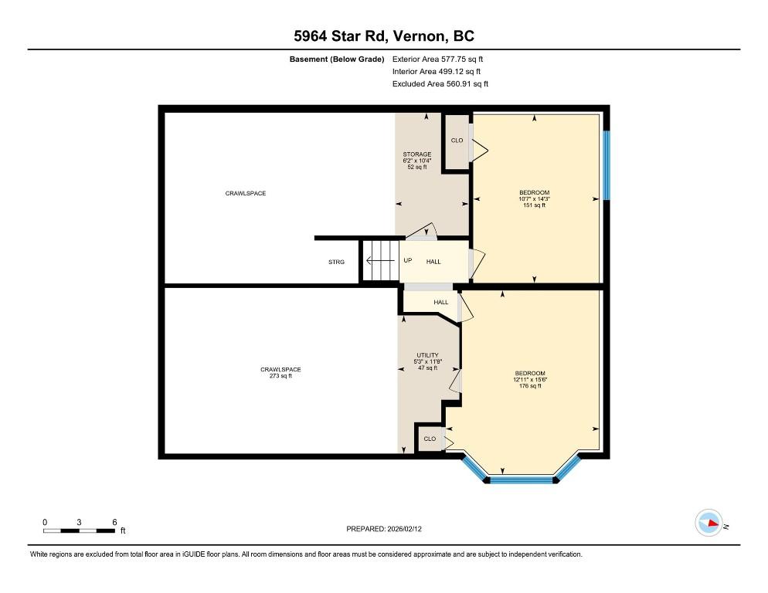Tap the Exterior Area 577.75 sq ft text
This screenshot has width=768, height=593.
click(437, 59)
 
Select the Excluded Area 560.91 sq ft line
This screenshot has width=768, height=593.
click(440, 83)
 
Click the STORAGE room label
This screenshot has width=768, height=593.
click(417, 154)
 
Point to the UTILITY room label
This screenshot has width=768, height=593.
click(427, 355)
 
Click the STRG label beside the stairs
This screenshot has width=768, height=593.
click(337, 262)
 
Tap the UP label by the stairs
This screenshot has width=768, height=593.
click(407, 260)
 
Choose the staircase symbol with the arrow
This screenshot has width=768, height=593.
click(381, 260)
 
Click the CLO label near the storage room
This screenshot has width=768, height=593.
click(457, 141)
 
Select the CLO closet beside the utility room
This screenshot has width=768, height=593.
click(430, 439)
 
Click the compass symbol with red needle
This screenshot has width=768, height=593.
click(709, 523)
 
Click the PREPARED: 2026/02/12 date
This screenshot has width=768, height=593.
click(384, 529)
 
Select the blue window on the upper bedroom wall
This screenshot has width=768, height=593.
click(607, 165)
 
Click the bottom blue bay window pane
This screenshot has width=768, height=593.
click(521, 479)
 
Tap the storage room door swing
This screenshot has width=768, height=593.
click(422, 232)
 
